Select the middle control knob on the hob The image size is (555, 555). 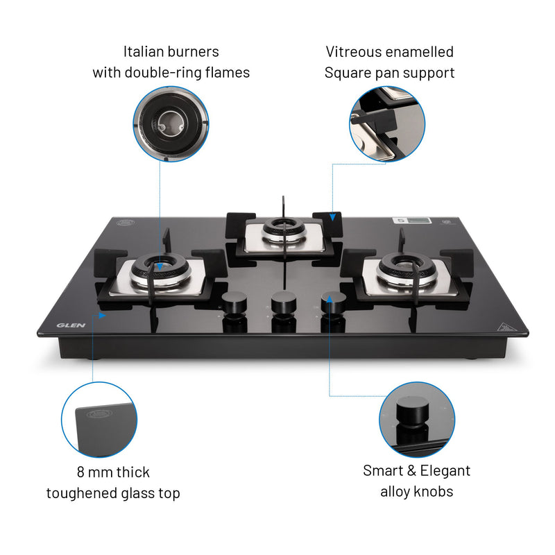283,301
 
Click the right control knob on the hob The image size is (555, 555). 334,301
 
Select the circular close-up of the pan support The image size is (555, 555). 386,123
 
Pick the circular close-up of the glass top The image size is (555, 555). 99,420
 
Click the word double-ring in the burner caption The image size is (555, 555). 169,72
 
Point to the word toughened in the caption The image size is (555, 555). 78,493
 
